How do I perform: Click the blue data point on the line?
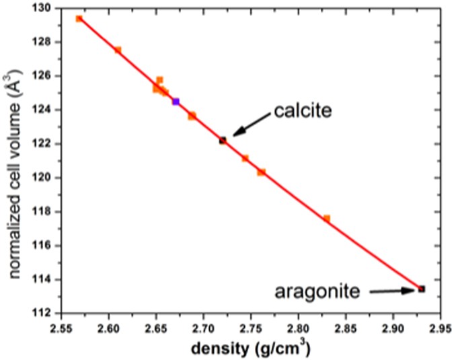(x=176, y=102)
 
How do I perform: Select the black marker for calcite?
(x=223, y=140)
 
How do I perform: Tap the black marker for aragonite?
(x=422, y=289)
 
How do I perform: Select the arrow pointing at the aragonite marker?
(x=391, y=291)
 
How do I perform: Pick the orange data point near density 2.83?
(x=327, y=218)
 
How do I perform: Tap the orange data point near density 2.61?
(x=118, y=50)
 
